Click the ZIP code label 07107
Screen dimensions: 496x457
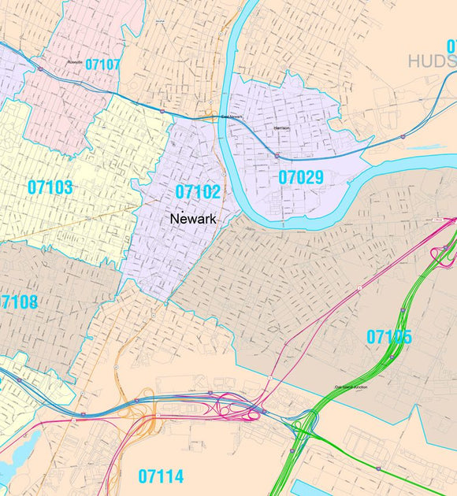[102, 65]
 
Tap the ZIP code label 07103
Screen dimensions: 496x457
[50, 187]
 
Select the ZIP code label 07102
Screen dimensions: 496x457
[198, 192]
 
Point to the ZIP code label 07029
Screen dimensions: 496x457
[301, 178]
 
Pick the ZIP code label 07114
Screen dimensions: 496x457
[161, 476]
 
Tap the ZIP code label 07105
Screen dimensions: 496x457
[389, 337]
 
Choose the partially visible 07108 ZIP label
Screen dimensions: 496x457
[17, 302]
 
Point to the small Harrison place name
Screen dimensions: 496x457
[281, 127]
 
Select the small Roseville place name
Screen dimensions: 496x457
[76, 60]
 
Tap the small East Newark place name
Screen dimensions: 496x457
[231, 117]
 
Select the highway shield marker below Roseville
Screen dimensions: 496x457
[39, 69]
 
